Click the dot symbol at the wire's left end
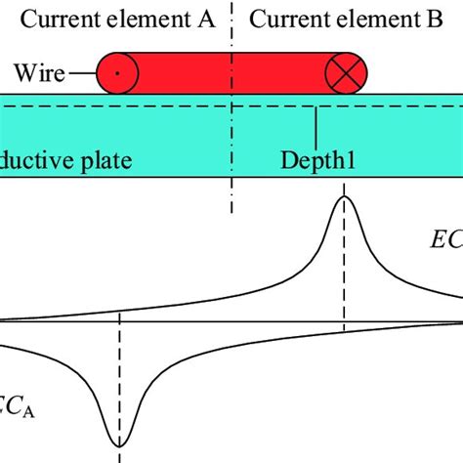tap(116, 72)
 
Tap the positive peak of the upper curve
tap(343, 197)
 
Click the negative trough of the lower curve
tap(119, 444)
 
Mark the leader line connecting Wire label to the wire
tap(87, 71)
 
